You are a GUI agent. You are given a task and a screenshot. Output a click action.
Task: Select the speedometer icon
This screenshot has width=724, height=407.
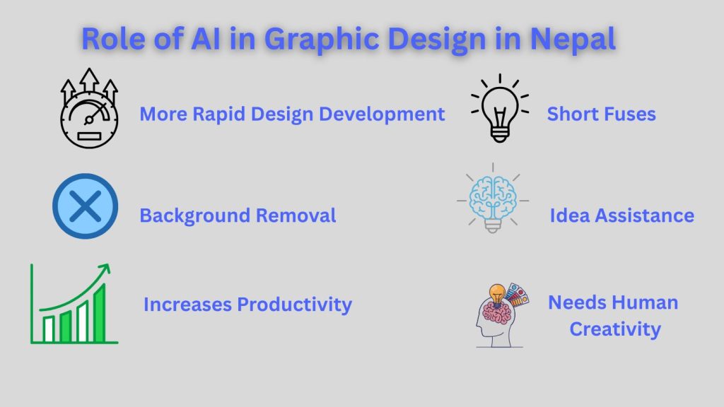click(x=89, y=110)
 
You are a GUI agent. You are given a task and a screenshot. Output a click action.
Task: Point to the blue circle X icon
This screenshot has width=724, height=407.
click(x=85, y=207)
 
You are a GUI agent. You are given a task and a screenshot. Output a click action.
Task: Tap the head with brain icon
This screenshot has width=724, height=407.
click(x=501, y=314)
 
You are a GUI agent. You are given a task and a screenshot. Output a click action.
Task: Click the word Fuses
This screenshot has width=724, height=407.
click(x=629, y=114)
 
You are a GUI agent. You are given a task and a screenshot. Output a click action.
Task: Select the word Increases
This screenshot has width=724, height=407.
click(x=187, y=305)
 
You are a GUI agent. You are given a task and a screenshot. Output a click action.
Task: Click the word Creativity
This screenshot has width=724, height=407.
click(x=615, y=329)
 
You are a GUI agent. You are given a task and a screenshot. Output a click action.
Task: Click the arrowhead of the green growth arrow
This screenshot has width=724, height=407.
click(x=105, y=269)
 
